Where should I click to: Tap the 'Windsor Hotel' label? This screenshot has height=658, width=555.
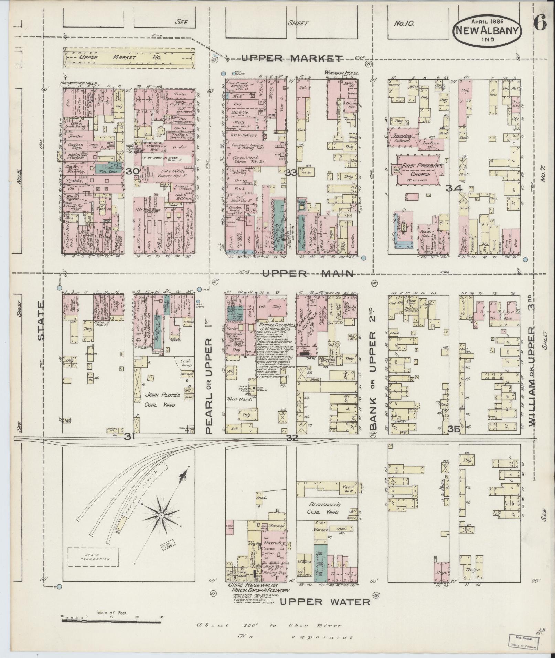click(x=341, y=73)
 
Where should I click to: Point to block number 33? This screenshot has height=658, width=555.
click(x=291, y=173)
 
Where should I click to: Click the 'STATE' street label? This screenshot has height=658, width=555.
click(x=41, y=320)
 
